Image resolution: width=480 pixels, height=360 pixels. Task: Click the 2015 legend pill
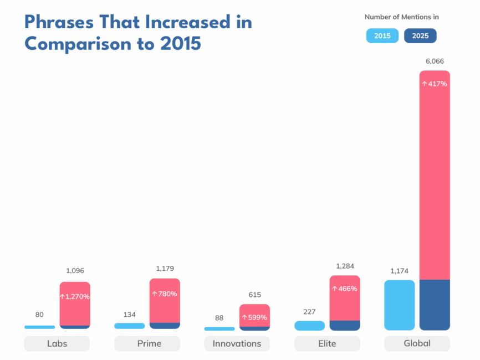[x=382, y=36]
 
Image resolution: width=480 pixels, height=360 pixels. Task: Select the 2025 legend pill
[x=420, y=36]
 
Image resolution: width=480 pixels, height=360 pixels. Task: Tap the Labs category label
[x=57, y=343]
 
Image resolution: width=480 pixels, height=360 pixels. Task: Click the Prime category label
[x=147, y=343]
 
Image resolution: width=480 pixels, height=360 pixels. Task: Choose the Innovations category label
[x=237, y=343]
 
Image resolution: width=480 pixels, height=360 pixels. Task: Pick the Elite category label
[x=327, y=343]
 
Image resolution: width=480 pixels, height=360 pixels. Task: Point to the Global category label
[x=417, y=343]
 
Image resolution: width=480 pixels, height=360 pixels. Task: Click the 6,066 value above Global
[x=435, y=61]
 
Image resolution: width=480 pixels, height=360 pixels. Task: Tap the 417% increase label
[x=435, y=84]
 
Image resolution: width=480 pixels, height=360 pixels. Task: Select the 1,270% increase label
[x=75, y=296]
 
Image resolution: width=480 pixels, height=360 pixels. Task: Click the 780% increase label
[x=165, y=294]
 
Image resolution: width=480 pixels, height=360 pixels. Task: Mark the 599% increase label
[x=254, y=317]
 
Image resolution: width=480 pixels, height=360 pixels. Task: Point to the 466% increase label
[x=345, y=289]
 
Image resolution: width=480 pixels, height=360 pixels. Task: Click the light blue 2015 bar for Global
[x=399, y=305]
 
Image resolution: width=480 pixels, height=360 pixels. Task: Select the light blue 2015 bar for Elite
[x=309, y=326]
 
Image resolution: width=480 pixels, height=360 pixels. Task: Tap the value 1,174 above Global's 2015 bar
[x=399, y=271]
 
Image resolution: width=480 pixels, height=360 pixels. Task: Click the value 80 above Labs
[x=39, y=315]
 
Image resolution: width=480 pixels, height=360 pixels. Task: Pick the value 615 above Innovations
[x=254, y=295]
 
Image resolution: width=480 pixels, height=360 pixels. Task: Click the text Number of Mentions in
[x=401, y=17]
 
